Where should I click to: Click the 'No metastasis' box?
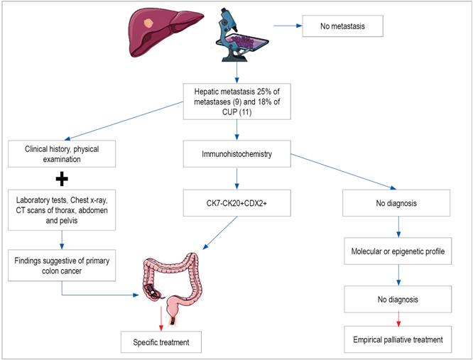coord(343,27)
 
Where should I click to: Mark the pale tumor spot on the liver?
coord(148,24)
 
